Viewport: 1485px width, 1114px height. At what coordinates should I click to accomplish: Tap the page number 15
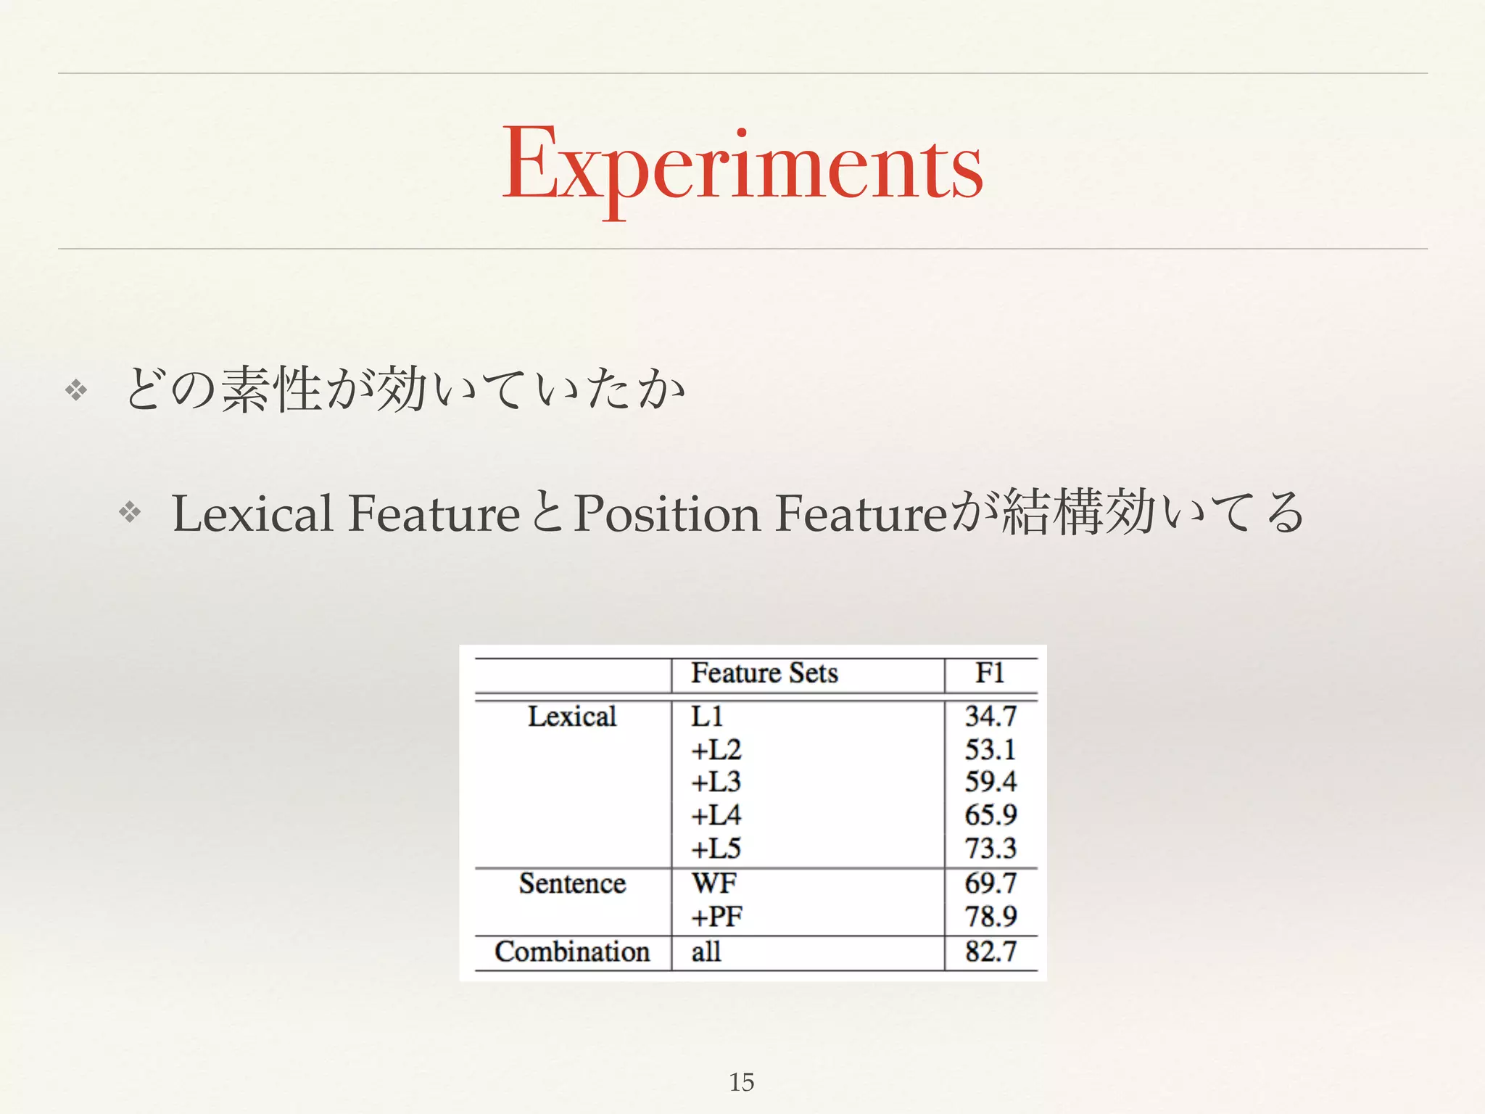coord(741,1082)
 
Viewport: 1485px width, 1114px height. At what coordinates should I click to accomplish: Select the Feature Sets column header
coord(764,674)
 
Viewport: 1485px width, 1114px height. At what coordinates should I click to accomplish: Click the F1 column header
coord(990,674)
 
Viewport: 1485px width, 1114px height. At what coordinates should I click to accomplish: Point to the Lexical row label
coord(572,717)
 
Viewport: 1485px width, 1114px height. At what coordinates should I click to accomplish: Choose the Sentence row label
coord(572,883)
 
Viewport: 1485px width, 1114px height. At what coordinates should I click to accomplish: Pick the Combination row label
coord(572,952)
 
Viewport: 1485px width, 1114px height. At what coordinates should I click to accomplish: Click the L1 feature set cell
coord(707,717)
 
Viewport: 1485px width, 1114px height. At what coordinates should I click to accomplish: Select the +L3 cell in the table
coord(716,782)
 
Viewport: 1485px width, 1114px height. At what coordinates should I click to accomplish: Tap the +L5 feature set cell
coord(716,849)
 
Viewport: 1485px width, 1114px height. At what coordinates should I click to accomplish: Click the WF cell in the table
coord(714,883)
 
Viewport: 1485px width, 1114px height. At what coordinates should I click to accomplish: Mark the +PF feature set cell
coord(716,917)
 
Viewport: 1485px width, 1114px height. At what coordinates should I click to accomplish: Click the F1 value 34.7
coord(990,717)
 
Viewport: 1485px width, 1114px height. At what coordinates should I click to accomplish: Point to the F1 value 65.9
coord(990,815)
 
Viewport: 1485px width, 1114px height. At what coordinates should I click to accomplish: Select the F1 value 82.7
coord(990,952)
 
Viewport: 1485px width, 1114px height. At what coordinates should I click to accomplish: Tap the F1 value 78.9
coord(990,917)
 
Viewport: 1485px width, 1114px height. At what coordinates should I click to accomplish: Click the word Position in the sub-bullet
coord(667,513)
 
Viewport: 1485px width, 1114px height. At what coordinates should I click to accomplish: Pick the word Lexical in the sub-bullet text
coord(252,513)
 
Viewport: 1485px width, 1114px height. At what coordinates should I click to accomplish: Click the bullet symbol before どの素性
coord(76,391)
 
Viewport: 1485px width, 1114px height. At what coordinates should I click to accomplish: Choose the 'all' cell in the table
coord(706,952)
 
